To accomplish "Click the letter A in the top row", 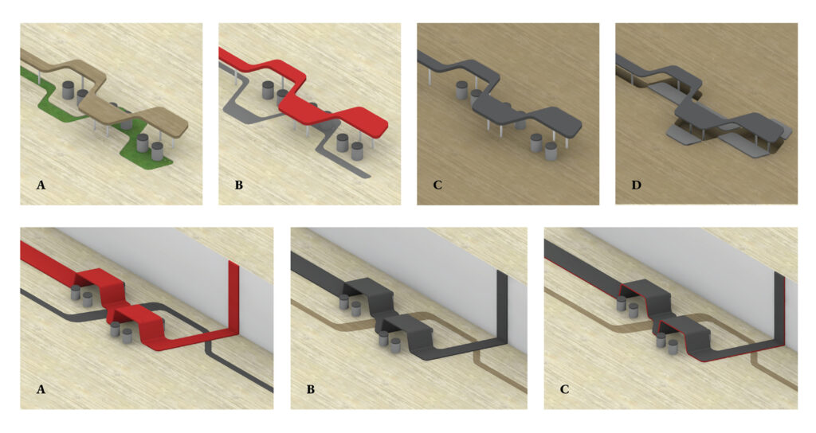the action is click(41, 185).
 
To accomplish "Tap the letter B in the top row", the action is click(239, 185).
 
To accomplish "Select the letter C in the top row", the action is click(437, 185).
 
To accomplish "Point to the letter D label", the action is click(636, 185).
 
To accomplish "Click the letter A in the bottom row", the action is click(41, 388).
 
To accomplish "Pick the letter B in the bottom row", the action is click(311, 388).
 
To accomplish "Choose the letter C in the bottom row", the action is click(564, 388).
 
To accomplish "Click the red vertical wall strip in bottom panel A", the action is click(233, 296).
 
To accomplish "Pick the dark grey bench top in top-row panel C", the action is click(526, 115).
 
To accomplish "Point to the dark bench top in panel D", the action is click(728, 117).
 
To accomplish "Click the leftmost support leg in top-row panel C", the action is click(430, 76).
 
